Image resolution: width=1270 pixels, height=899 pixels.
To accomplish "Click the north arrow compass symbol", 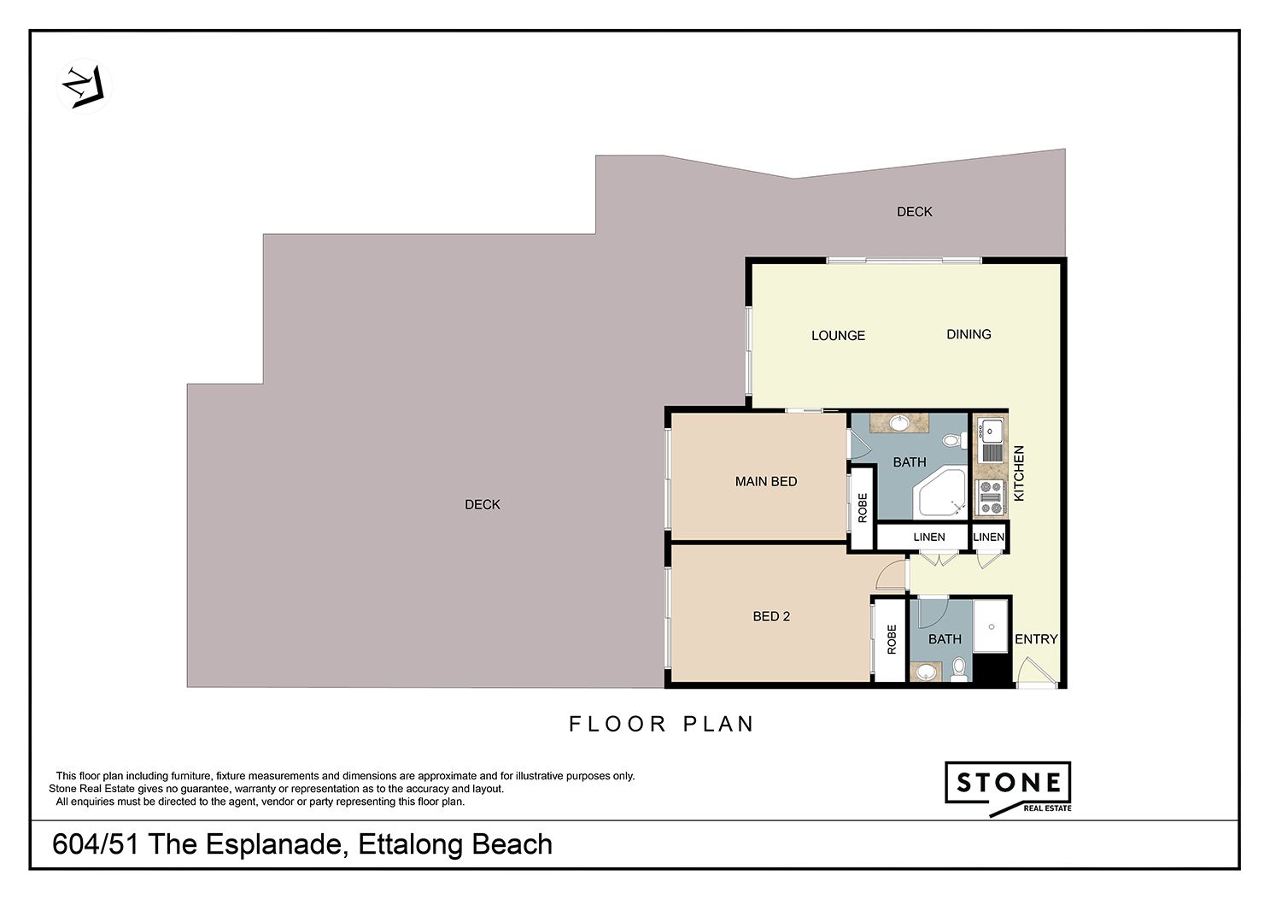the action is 84,87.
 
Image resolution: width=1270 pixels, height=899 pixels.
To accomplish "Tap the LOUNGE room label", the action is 838,336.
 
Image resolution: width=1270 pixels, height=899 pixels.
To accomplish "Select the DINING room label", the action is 969,335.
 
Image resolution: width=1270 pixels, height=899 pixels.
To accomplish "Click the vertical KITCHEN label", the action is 1019,473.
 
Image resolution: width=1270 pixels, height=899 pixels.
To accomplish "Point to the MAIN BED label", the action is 766,482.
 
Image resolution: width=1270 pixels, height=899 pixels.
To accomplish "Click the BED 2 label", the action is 771,616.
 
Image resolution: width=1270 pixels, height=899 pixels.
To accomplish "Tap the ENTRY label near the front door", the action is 1036,639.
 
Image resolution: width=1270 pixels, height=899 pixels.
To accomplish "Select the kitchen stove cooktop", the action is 991,497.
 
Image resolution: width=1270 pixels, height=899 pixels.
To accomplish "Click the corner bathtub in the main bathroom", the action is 942,493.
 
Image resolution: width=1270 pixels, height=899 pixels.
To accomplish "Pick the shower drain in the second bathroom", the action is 992,626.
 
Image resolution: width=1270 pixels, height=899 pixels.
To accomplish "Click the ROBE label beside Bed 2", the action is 892,639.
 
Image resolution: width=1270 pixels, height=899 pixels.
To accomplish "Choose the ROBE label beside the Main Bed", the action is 863,508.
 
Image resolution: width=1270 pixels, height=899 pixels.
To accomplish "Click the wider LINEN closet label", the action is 929,538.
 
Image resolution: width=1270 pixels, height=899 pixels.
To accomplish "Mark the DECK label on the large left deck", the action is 483,505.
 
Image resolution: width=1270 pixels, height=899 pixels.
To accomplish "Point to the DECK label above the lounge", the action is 915,212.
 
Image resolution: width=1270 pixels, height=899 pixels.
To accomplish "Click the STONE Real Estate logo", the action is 1008,789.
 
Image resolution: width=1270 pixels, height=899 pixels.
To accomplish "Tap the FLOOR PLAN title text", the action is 661,725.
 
